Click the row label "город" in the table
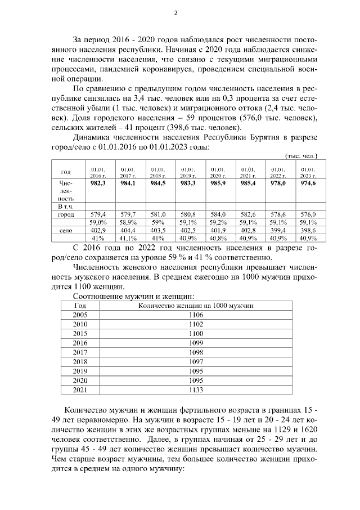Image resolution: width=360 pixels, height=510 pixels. click(66, 214)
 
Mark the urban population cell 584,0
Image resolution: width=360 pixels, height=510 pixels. click(219, 214)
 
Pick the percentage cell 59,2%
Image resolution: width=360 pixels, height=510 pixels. click(219, 222)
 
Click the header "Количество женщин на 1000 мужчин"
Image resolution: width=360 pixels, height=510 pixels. click(196, 305)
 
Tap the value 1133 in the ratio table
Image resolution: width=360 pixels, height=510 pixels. click(196, 389)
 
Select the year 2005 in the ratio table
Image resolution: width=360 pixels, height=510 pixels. click(80, 315)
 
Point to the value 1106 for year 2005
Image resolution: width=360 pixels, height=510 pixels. click(196, 315)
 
